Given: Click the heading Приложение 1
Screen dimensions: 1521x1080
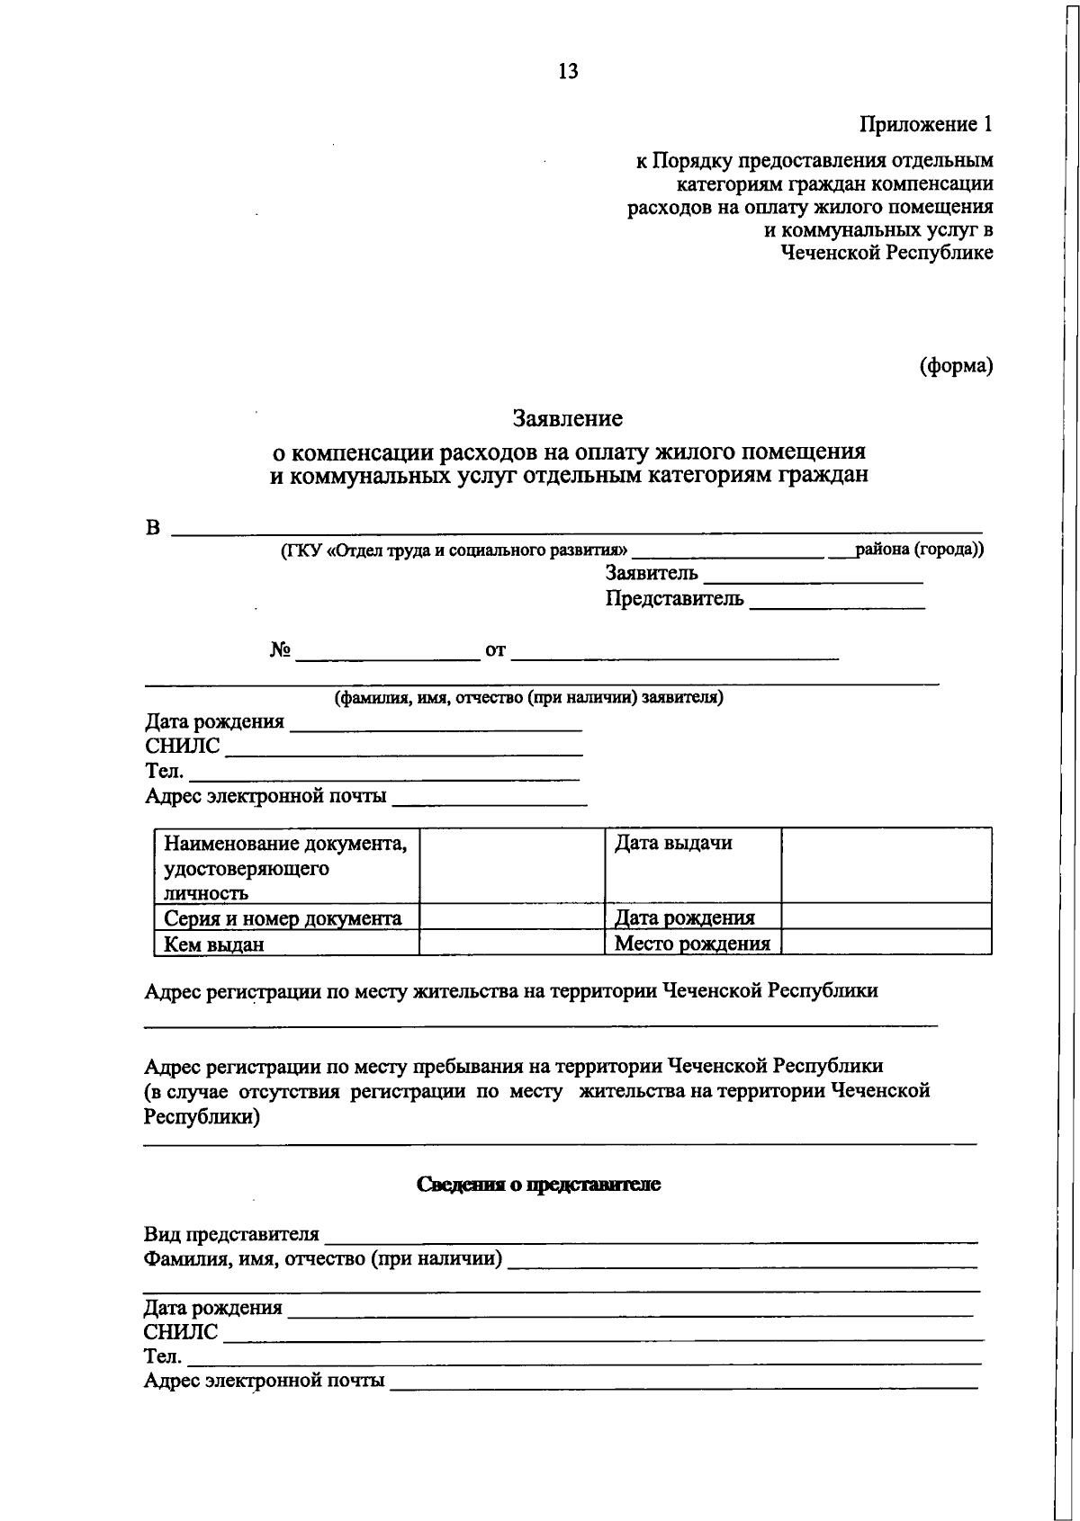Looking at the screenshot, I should [x=926, y=124].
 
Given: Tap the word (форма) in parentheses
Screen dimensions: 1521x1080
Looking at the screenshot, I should [x=956, y=366].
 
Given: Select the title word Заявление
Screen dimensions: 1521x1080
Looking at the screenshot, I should [x=567, y=418].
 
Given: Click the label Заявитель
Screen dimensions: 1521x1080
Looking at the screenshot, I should [x=651, y=574].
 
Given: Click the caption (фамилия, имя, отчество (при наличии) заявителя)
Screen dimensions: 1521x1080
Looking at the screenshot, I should [x=529, y=697].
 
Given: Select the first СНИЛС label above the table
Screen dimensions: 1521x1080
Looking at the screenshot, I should [x=182, y=747].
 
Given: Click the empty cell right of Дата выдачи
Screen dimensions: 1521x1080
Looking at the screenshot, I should [x=886, y=864].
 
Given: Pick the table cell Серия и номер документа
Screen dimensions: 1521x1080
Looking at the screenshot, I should [x=283, y=918].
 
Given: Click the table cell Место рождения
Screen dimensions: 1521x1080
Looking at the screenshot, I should [x=691, y=944].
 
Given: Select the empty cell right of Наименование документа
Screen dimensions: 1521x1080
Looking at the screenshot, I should [x=511, y=864].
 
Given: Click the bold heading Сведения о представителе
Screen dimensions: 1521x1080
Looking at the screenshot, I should [x=538, y=1185].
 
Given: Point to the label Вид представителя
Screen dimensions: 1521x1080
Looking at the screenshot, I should [x=231, y=1233].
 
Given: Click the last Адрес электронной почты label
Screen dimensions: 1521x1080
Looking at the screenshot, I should [x=264, y=1380].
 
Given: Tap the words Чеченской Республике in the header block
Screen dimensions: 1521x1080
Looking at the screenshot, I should [x=886, y=253].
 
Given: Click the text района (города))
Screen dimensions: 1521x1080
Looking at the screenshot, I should [x=919, y=549].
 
